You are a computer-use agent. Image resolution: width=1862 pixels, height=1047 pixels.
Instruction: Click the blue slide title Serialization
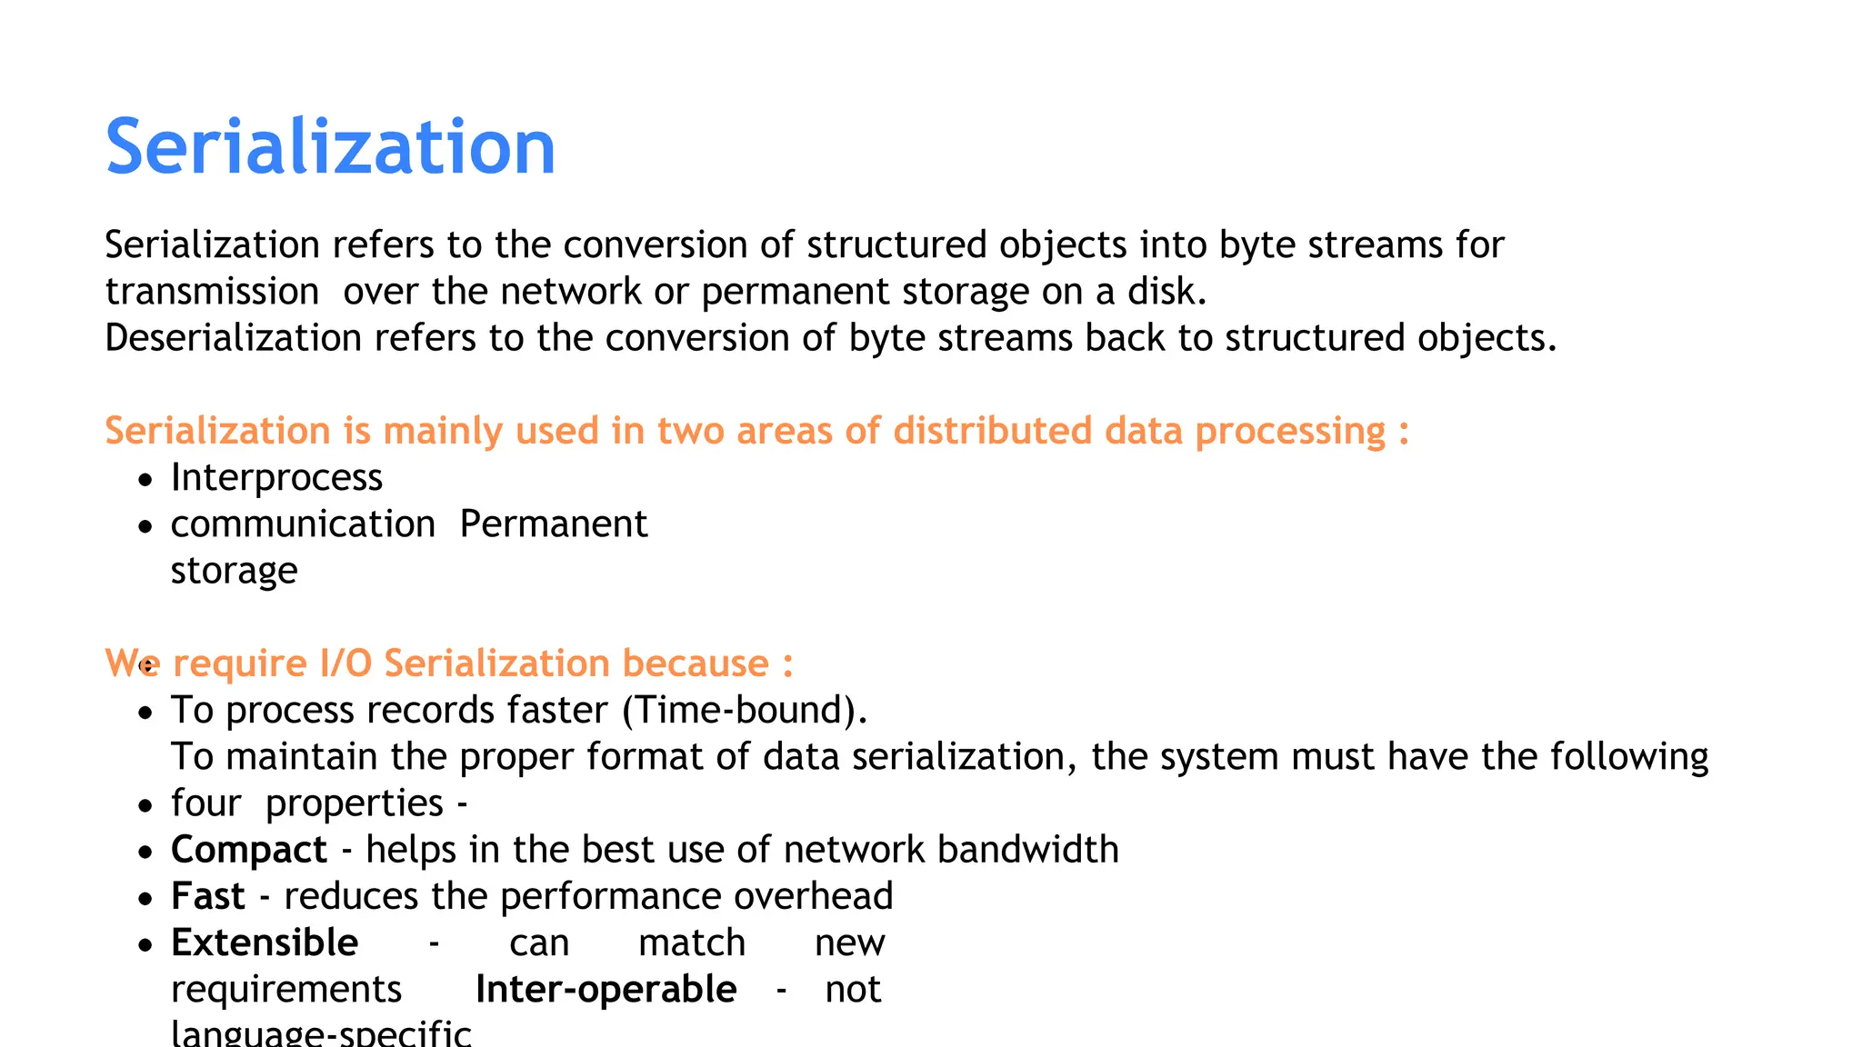pos(330,147)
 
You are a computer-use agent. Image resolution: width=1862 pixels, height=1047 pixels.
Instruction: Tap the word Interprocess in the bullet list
pos(276,478)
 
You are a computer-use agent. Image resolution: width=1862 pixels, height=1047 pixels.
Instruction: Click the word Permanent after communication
pos(553,524)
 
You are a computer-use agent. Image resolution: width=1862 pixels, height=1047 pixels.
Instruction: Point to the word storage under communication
pos(234,571)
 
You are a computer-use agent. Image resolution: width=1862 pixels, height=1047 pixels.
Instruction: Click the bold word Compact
pos(249,850)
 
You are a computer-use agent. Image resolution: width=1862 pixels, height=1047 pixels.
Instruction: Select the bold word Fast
pos(208,896)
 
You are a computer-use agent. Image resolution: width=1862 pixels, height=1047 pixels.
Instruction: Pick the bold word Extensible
pos(265,942)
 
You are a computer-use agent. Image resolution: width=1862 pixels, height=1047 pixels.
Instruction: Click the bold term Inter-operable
pos(606,990)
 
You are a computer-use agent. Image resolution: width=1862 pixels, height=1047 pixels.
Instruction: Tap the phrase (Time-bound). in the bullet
pos(745,710)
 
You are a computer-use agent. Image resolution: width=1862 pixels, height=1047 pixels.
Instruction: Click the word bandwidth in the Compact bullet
pos(1027,850)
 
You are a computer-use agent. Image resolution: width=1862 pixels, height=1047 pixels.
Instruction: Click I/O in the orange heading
pos(345,663)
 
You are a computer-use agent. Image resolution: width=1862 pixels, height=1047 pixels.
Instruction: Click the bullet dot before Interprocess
pos(145,480)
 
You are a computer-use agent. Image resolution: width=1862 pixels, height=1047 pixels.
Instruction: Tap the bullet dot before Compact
pos(145,853)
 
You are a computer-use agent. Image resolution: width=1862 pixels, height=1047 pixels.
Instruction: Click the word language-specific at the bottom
pos(321,1034)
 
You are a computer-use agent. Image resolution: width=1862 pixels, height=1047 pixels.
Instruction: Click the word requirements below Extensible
pos(286,990)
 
